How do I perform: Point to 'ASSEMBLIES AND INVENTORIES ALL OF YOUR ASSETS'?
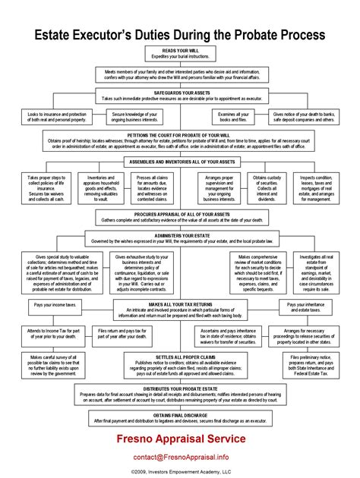(x=180, y=162)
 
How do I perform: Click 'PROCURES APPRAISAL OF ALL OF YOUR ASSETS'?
(x=180, y=215)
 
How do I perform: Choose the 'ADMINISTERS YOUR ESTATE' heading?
(x=180, y=236)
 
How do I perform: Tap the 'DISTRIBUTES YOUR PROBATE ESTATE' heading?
(x=180, y=388)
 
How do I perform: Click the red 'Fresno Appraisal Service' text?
(x=180, y=438)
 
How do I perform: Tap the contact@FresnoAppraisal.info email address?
(x=180, y=458)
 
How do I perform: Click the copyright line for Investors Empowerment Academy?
(x=180, y=471)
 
